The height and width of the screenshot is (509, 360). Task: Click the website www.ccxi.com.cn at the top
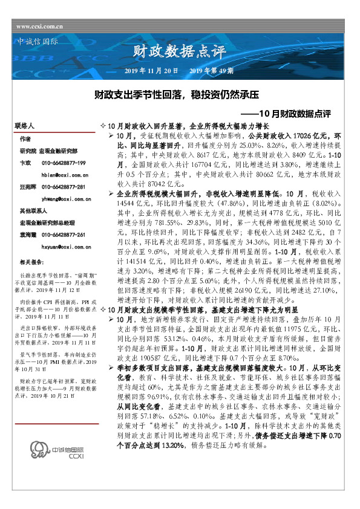(40, 27)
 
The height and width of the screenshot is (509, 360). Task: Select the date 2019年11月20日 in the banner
(151, 71)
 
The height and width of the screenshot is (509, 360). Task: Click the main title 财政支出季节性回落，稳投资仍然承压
(175, 95)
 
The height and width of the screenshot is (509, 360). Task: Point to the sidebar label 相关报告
(30, 262)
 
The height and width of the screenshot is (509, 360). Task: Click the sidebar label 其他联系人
(33, 211)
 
